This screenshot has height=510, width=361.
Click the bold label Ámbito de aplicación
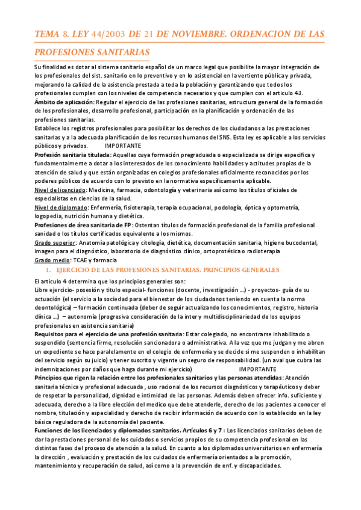[x=63, y=102]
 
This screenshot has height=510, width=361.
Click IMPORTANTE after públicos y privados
[x=123, y=146]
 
